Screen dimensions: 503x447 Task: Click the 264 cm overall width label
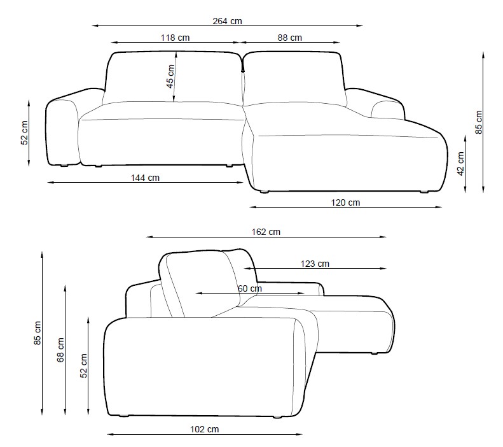pos(227,21)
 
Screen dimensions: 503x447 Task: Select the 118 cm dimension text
pos(175,38)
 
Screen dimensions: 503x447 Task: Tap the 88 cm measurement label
pos(290,38)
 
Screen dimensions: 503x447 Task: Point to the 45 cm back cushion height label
pos(170,76)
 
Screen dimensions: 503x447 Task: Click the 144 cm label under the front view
pos(145,178)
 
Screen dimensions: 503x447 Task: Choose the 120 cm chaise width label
pos(345,202)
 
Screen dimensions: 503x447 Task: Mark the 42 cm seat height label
pos(460,164)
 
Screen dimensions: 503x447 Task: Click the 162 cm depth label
pos(266,232)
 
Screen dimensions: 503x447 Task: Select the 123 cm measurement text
pos(315,264)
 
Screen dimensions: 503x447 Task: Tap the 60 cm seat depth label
pos(249,288)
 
